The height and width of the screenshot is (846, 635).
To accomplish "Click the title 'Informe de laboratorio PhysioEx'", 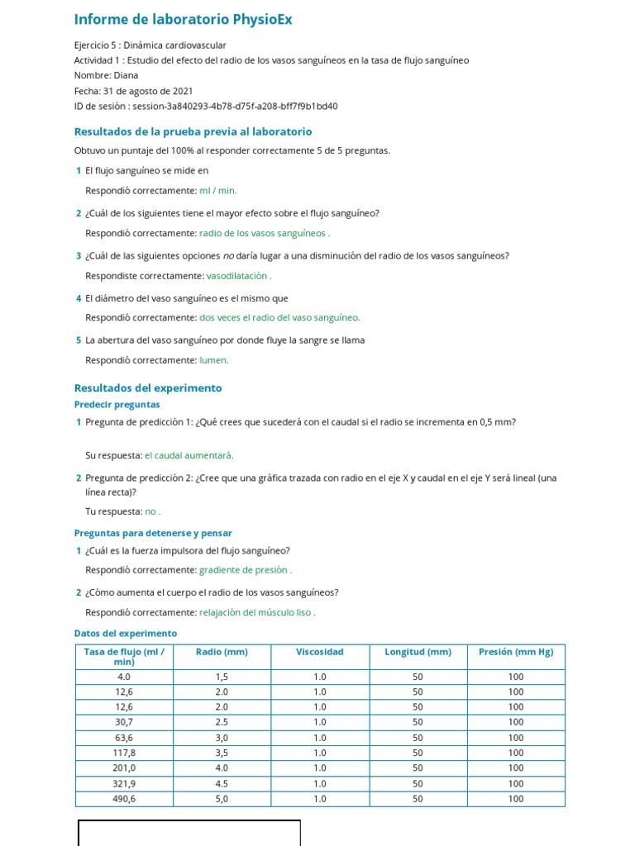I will [x=183, y=19].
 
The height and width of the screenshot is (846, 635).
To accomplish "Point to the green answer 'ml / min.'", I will [x=218, y=191].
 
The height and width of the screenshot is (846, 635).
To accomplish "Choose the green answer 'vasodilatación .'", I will [x=239, y=276].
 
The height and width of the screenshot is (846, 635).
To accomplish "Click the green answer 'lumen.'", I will [x=214, y=360].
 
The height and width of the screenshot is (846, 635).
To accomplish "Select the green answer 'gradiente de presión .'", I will [x=246, y=570].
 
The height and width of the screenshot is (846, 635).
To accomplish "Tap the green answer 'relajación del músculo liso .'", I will [x=257, y=612].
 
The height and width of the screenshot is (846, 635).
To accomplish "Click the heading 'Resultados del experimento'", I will [x=148, y=387].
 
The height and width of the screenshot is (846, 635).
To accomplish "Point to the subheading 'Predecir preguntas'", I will [x=117, y=405].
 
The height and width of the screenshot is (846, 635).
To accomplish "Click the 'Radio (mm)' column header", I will [x=222, y=652].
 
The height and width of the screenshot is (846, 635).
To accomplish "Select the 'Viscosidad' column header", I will [x=319, y=652].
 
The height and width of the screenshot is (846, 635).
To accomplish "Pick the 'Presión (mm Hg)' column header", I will [x=516, y=652].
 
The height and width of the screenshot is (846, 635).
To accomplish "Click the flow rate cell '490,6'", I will [x=124, y=799].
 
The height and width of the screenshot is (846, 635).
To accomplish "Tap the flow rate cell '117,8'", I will [x=124, y=753].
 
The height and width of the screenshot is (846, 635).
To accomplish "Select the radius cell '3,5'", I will [x=222, y=753].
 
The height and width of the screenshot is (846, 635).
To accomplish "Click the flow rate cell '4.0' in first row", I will [x=124, y=677].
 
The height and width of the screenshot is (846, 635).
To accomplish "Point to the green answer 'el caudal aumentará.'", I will [x=189, y=455].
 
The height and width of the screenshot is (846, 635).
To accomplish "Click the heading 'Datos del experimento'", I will [x=126, y=634].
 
